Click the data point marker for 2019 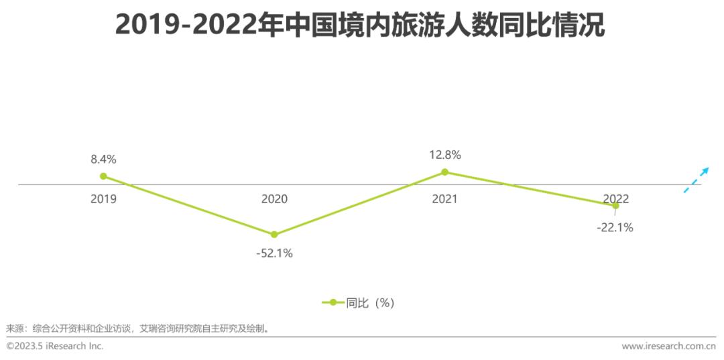[103, 176]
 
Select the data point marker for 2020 [274, 235]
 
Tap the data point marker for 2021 [444, 172]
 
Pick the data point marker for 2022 [615, 206]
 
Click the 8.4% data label [104, 160]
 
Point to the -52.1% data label [274, 253]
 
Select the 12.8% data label [445, 155]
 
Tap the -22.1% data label [615, 227]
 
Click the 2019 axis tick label [104, 199]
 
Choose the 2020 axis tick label [274, 199]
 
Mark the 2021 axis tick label [444, 199]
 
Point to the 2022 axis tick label [615, 198]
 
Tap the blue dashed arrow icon [696, 179]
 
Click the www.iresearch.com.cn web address [671, 347]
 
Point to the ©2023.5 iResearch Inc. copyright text [55, 347]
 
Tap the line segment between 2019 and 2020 [188, 205]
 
